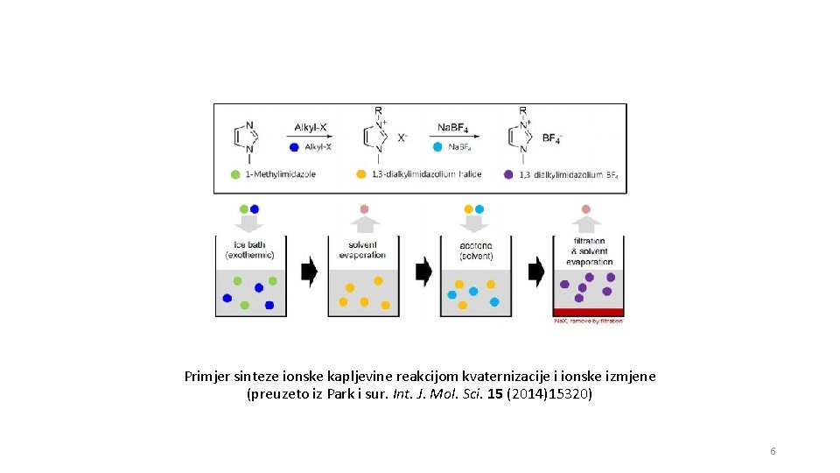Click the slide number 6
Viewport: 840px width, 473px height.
click(x=773, y=451)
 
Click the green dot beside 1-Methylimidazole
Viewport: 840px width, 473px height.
click(x=234, y=174)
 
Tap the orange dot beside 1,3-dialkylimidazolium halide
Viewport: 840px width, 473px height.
click(x=360, y=174)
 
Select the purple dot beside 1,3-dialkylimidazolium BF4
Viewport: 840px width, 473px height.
click(x=508, y=174)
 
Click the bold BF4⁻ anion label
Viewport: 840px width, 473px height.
click(x=553, y=138)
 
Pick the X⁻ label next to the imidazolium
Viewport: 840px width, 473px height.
click(x=403, y=138)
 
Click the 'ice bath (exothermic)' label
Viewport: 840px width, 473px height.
click(x=250, y=250)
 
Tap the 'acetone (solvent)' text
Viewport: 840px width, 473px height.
click(x=476, y=250)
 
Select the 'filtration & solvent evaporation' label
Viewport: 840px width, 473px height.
click(x=589, y=251)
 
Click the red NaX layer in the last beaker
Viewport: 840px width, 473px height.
click(x=589, y=312)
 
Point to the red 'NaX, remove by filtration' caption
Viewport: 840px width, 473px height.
click(x=589, y=321)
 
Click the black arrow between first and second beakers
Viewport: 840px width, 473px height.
click(x=309, y=272)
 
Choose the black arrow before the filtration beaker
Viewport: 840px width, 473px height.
click(x=535, y=272)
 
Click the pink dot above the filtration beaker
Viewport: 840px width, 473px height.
click(x=586, y=209)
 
